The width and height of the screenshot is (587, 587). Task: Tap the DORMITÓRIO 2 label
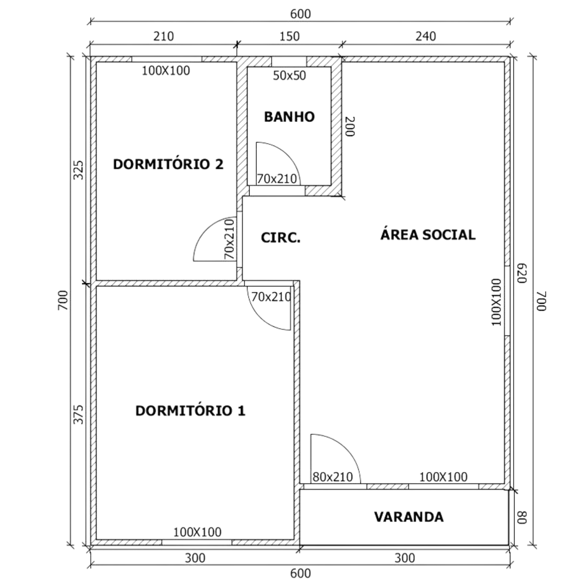168,164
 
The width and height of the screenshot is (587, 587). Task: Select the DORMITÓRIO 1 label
190,411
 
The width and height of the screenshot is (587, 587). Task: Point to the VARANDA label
409,517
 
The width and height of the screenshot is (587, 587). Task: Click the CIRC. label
280,238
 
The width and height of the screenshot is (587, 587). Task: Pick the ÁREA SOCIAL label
428,235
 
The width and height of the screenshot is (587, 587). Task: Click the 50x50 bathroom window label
289,76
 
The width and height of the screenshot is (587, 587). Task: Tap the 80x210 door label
333,477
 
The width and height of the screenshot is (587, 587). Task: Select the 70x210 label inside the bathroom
277,179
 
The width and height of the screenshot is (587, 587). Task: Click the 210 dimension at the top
163,36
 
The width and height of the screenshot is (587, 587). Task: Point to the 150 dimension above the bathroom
289,36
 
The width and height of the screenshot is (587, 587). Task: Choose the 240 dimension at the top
426,36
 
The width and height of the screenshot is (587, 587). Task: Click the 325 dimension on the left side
79,170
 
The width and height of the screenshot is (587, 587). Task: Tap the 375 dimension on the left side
79,414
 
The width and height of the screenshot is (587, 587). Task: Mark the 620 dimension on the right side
522,274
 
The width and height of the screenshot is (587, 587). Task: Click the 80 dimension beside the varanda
522,517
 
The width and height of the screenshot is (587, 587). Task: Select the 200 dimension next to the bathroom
350,127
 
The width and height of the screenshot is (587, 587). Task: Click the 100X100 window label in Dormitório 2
166,71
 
